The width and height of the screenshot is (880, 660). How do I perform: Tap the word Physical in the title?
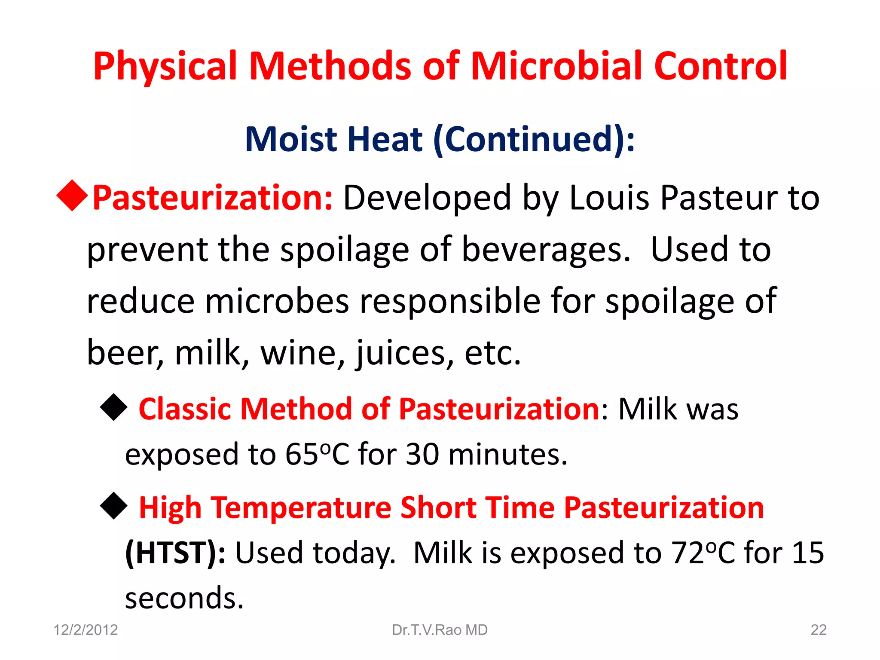click(x=165, y=67)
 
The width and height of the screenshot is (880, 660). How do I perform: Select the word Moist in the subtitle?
click(x=291, y=139)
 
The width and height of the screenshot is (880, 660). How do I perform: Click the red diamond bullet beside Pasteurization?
click(x=72, y=196)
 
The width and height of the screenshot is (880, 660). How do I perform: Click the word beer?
click(x=125, y=352)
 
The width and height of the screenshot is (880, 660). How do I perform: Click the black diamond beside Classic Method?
click(x=114, y=407)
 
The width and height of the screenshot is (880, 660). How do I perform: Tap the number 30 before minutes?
click(x=422, y=454)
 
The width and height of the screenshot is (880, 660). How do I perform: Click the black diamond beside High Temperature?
click(x=114, y=505)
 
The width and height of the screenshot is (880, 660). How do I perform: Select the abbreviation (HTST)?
click(x=175, y=553)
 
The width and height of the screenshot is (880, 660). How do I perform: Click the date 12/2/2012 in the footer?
click(x=86, y=630)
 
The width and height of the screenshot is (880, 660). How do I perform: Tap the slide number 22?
click(x=818, y=630)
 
